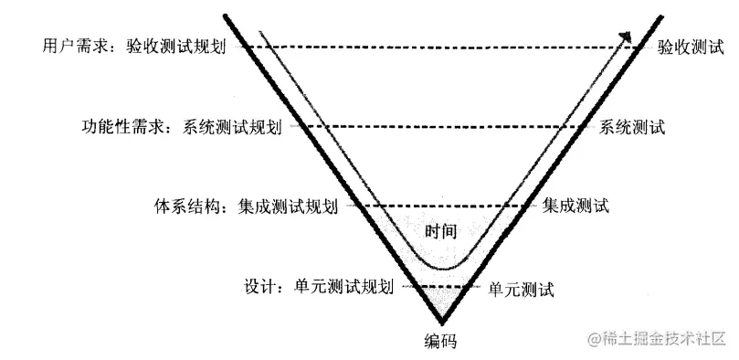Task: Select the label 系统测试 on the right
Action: (633, 127)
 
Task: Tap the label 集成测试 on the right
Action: (575, 206)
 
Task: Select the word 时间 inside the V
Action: (441, 231)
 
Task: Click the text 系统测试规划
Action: (233, 127)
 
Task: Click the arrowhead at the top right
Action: (627, 37)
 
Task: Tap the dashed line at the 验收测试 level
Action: (438, 46)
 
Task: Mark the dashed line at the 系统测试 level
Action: (438, 126)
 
